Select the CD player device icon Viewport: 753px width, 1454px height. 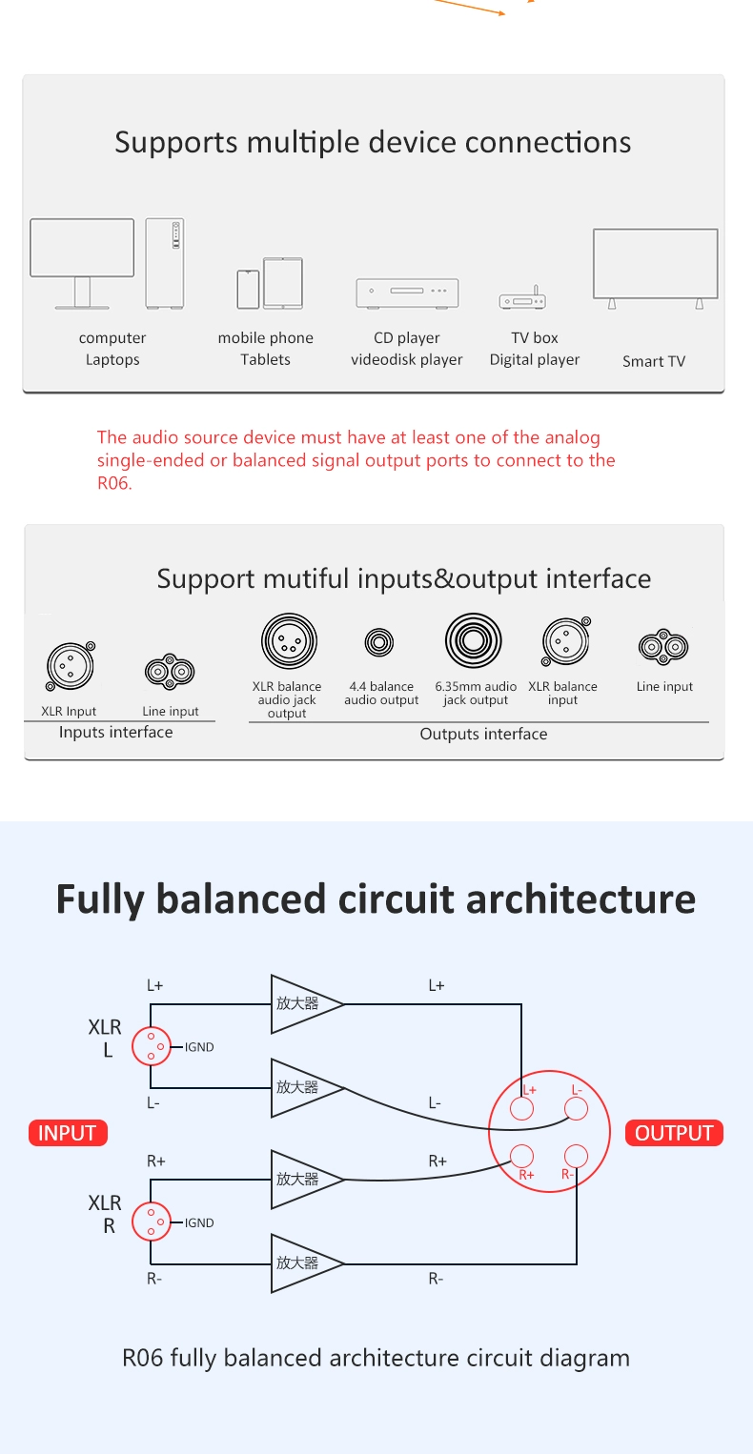click(407, 293)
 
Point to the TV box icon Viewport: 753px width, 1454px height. click(522, 299)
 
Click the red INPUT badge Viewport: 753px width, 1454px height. click(68, 1133)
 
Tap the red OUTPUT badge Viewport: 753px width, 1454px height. click(674, 1133)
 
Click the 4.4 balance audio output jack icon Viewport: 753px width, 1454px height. click(379, 642)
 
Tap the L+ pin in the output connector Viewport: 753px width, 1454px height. click(521, 1108)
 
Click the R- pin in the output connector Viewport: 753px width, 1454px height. click(576, 1156)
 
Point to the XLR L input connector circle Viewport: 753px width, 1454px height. click(151, 1046)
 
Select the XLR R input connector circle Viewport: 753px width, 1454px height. click(151, 1222)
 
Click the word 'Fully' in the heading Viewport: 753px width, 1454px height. click(100, 899)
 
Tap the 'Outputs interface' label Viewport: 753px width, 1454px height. click(483, 734)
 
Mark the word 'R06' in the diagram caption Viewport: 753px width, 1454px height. click(143, 1358)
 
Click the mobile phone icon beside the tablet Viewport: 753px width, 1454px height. click(248, 289)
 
